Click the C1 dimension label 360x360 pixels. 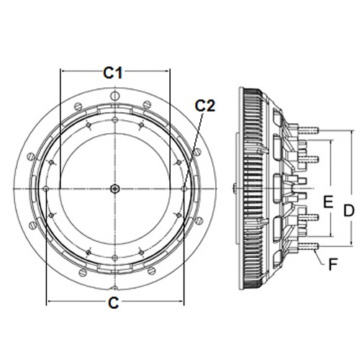pos(113,73)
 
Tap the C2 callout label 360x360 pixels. pos(205,106)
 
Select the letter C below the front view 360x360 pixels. pos(114,303)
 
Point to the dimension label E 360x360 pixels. pos(328,202)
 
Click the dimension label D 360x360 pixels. pos(348,210)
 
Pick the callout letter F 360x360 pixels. pos(333,264)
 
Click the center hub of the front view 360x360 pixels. pos(115,189)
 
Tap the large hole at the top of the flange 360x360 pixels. pos(115,96)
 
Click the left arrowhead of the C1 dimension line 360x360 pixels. pos(63,71)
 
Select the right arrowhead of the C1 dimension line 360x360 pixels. pos(167,71)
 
